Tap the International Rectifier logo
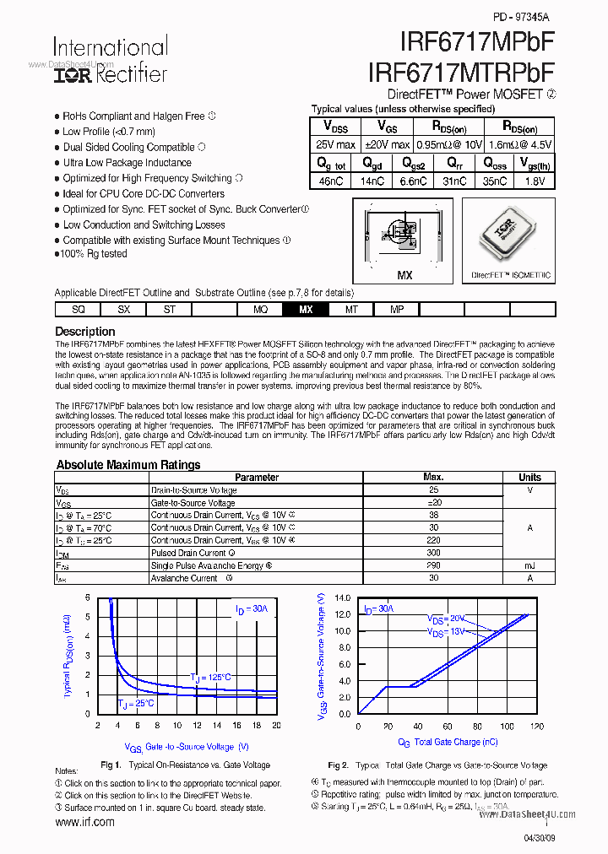(x=111, y=60)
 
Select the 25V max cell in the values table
(x=334, y=144)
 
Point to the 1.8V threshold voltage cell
(x=535, y=181)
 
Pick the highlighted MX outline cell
(x=306, y=310)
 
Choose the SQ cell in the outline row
(x=78, y=310)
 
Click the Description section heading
(x=84, y=332)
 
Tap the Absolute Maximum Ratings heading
(x=128, y=464)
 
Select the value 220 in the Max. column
(x=433, y=540)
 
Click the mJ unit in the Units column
(x=529, y=565)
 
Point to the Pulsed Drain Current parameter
(x=188, y=553)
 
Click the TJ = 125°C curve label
(x=210, y=677)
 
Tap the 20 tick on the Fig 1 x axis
(x=276, y=726)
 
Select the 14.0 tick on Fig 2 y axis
(x=341, y=597)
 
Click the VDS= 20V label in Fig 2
(x=445, y=619)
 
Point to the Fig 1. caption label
(x=111, y=765)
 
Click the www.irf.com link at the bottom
(x=84, y=822)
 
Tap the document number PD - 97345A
(x=520, y=17)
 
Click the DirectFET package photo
(x=510, y=235)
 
